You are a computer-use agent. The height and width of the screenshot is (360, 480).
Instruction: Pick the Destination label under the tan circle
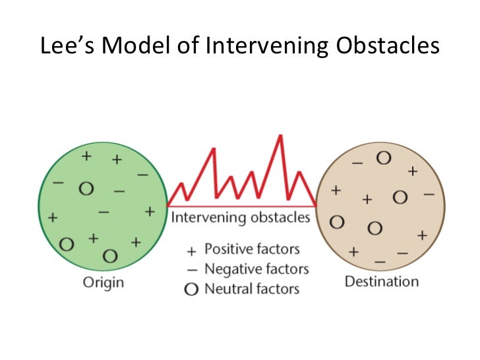(x=381, y=282)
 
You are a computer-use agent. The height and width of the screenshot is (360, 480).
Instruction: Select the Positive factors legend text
(x=252, y=249)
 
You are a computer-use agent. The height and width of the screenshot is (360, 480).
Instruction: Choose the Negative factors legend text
(x=256, y=269)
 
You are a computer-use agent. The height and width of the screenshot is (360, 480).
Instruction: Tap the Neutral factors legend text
(x=252, y=288)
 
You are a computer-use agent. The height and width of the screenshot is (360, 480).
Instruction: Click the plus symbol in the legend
(x=192, y=251)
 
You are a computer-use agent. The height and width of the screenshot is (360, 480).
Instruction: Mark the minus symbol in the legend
(x=192, y=270)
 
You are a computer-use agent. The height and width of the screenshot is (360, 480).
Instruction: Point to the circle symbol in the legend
(x=192, y=289)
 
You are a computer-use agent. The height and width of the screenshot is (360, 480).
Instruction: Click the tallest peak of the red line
(x=281, y=136)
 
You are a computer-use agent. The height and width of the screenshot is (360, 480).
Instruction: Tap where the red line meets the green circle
(x=169, y=204)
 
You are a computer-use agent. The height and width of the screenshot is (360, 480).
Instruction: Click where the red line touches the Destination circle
(x=316, y=204)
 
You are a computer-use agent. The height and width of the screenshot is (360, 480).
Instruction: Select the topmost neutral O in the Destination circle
(x=383, y=159)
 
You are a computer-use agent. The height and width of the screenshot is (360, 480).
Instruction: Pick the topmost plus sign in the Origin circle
(x=86, y=156)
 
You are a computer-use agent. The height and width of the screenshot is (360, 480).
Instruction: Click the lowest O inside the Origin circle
(x=110, y=255)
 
